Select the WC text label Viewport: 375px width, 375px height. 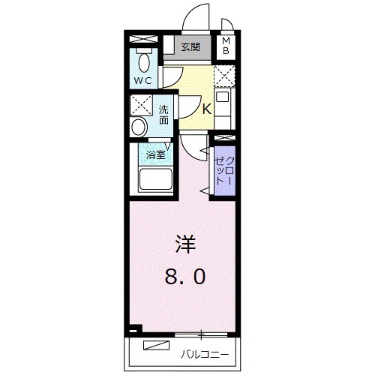tap(142, 79)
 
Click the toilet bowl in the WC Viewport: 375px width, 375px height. tap(142, 61)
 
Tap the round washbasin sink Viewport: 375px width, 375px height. tap(139, 127)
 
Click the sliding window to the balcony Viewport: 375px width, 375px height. tap(201, 332)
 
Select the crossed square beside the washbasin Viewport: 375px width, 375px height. tap(139, 105)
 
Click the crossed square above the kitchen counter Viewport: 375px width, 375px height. tap(223, 76)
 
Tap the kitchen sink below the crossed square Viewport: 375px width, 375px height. tap(223, 97)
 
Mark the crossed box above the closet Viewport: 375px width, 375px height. tap(223, 139)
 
